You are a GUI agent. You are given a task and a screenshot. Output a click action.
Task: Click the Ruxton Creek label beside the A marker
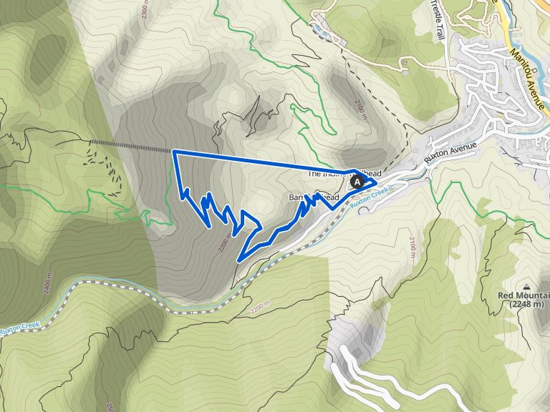[x=371, y=194]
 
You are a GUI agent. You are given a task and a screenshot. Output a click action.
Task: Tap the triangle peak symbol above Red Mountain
[x=526, y=285]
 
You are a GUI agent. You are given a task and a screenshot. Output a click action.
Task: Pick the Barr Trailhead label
[x=309, y=197]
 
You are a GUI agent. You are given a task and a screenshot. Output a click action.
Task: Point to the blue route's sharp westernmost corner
[x=174, y=152]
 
